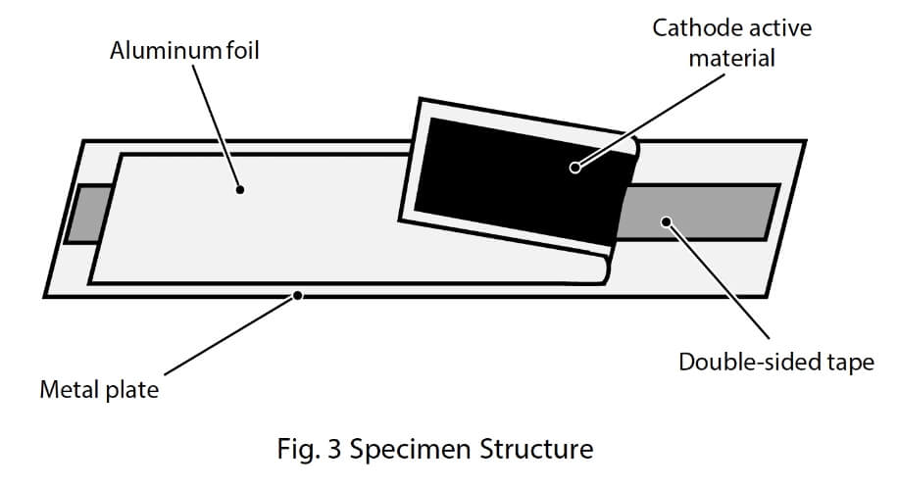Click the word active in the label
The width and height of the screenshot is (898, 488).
click(x=778, y=27)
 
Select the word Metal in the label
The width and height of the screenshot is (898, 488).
click(x=70, y=391)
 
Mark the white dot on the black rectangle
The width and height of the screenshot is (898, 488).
click(x=575, y=168)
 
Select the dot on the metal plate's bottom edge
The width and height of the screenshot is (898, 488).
click(x=299, y=293)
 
